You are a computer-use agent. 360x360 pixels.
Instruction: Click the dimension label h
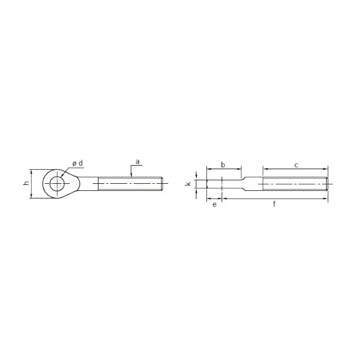tap(27, 183)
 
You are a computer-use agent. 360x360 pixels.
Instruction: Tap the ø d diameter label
tap(77, 164)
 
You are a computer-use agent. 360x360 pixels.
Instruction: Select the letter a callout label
tap(137, 162)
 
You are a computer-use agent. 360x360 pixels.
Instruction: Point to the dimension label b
tap(223, 165)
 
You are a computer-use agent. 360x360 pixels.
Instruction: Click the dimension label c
tap(296, 165)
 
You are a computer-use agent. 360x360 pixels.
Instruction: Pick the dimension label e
tap(215, 204)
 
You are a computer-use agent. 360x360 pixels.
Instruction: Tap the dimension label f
tap(274, 203)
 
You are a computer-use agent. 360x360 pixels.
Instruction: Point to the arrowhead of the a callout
tap(131, 176)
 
